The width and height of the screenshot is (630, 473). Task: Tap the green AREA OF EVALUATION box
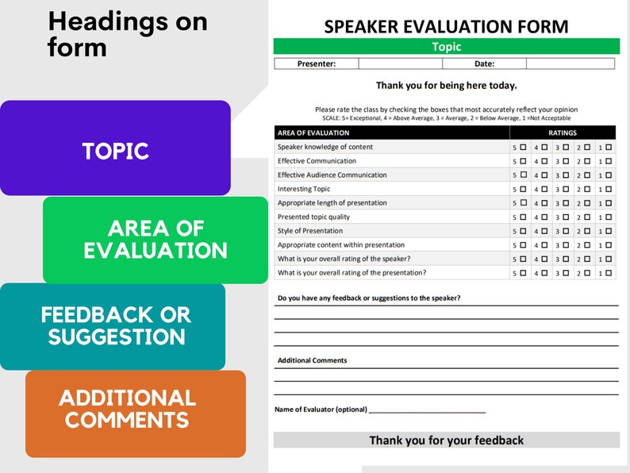click(x=156, y=240)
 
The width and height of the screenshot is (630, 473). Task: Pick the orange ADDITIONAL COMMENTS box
click(x=128, y=410)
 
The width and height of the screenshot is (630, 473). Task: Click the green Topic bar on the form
click(x=446, y=47)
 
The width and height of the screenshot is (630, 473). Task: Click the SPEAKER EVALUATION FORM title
click(x=446, y=26)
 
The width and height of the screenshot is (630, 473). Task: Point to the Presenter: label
click(x=317, y=63)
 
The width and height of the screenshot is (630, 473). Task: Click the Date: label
click(x=484, y=63)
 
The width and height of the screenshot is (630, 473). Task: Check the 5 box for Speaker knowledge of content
click(x=523, y=147)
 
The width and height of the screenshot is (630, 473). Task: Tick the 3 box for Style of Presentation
click(x=567, y=231)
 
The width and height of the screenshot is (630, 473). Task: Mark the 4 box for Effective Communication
click(x=544, y=161)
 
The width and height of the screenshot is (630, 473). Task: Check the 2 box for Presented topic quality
click(x=588, y=217)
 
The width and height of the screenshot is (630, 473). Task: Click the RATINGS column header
click(x=563, y=133)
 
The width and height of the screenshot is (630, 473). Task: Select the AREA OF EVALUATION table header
click(x=313, y=133)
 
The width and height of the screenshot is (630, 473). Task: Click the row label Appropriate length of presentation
click(x=332, y=203)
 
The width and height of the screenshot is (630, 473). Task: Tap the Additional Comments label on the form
click(x=312, y=360)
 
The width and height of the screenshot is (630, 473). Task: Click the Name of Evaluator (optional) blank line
click(x=427, y=410)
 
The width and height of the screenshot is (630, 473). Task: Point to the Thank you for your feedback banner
click(x=446, y=440)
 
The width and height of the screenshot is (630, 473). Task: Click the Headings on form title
click(x=127, y=34)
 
